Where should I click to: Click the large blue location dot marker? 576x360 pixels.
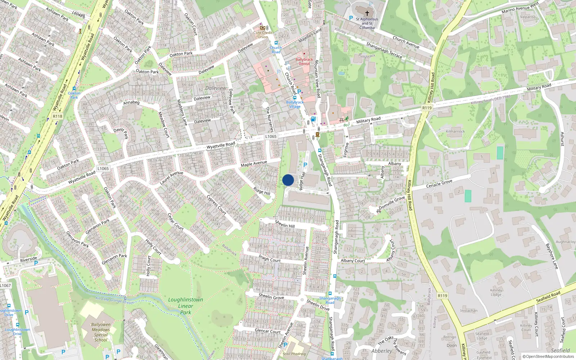(288, 180)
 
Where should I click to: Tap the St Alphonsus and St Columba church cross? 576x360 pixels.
(367, 13)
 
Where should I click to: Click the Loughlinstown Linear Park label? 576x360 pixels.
(185, 306)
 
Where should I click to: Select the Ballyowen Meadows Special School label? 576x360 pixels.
(101, 332)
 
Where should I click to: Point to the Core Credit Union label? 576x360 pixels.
(263, 35)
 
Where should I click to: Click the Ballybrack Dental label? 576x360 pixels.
(304, 62)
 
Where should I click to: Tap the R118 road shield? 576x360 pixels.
(58, 116)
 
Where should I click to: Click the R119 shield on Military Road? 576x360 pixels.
(427, 108)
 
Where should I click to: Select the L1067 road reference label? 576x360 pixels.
(5, 285)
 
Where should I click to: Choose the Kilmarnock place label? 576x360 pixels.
(455, 131)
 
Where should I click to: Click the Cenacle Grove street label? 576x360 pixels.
(439, 184)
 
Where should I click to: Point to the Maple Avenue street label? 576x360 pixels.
(254, 164)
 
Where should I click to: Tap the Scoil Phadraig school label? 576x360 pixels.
(294, 354)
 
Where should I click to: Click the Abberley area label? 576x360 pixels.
(382, 351)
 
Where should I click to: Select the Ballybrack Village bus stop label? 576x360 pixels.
(295, 104)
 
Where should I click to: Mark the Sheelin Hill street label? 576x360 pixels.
(285, 224)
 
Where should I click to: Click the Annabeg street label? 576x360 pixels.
(131, 103)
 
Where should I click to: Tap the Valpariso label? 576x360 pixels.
(528, 17)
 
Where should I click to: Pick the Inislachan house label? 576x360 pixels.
(469, 311)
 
